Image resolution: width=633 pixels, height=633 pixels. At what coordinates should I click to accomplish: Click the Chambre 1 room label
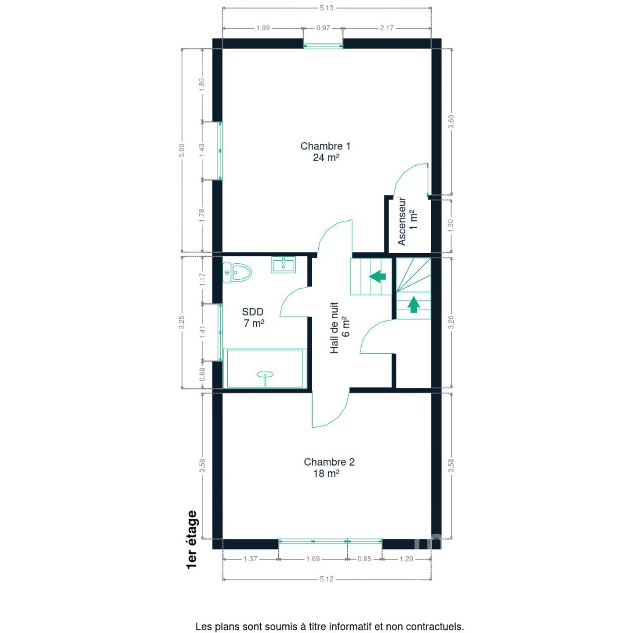(x=325, y=151)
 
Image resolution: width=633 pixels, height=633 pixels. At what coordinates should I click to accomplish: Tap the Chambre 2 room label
(x=329, y=467)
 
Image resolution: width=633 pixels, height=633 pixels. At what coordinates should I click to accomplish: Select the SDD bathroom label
(x=253, y=317)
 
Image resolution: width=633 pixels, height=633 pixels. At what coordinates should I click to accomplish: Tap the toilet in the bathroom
(x=237, y=273)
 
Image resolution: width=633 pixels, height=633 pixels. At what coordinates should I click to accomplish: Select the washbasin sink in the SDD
(x=283, y=265)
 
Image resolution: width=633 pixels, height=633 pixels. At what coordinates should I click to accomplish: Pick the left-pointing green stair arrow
(x=377, y=276)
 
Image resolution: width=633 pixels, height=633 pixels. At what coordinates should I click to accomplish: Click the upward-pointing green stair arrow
(x=414, y=305)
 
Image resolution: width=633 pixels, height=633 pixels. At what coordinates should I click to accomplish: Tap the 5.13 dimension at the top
(x=327, y=8)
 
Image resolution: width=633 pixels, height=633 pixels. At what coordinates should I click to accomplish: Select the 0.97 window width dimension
(x=323, y=28)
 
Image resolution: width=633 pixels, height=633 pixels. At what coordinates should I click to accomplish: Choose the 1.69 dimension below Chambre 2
(x=313, y=559)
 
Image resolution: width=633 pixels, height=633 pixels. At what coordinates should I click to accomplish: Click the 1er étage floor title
(x=192, y=539)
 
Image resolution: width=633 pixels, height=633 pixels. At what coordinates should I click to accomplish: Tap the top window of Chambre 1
(x=323, y=46)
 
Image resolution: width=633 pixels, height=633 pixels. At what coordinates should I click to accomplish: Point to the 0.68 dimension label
(x=202, y=374)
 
